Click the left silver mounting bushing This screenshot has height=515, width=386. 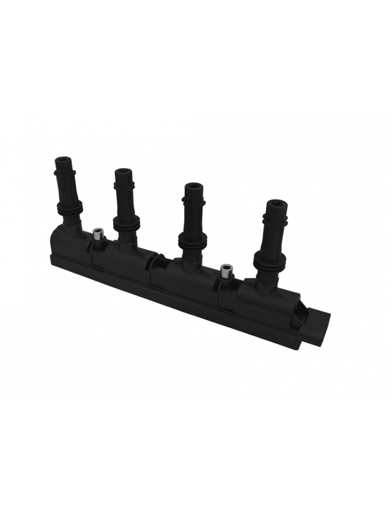(99, 234)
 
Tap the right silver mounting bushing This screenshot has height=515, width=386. (225, 271)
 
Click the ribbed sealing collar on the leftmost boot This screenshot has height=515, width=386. (69, 208)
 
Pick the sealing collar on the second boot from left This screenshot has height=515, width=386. (125, 223)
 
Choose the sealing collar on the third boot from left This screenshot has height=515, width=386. (191, 238)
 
